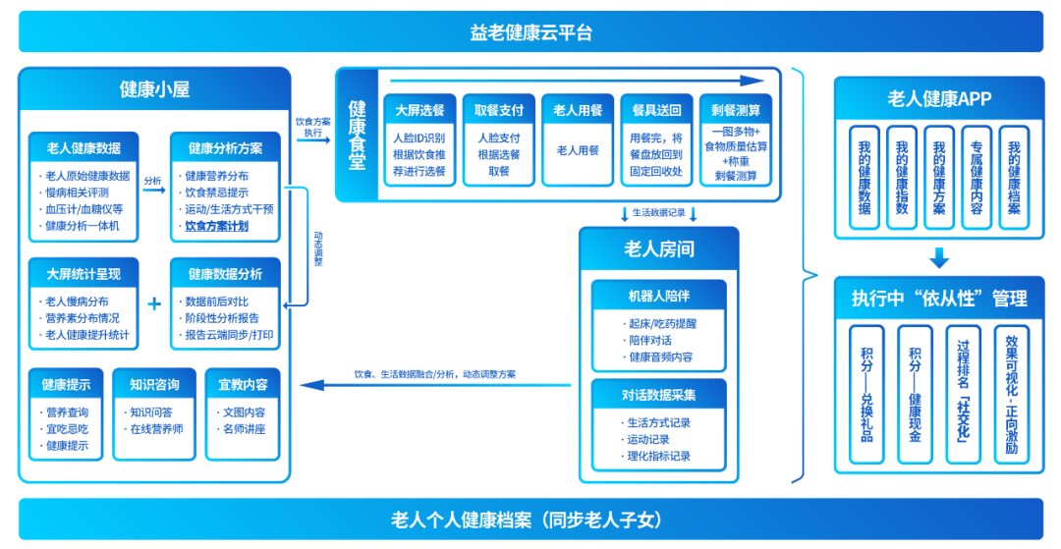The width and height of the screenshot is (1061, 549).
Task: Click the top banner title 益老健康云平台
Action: [530, 32]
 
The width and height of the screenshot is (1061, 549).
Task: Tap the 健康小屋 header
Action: [154, 89]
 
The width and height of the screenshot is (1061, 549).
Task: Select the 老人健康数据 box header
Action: [84, 148]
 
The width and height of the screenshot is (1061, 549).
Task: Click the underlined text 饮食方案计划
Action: [216, 226]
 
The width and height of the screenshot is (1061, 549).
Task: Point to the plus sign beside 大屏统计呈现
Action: [153, 303]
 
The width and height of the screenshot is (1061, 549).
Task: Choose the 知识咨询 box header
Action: [154, 384]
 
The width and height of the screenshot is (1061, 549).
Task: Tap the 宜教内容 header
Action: [243, 384]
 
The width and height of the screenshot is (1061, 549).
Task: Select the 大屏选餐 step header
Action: [419, 110]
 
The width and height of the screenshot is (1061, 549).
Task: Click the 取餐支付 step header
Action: [498, 110]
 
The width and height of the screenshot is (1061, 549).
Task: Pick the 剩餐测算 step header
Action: [736, 110]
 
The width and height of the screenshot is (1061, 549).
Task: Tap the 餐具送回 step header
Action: [656, 110]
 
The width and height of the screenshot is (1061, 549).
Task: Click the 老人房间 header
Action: [658, 248]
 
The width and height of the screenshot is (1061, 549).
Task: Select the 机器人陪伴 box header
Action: [658, 296]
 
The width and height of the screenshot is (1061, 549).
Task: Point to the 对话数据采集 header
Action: [658, 395]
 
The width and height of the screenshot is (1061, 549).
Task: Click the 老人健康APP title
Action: [939, 98]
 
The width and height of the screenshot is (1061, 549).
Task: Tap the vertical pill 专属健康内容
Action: [977, 177]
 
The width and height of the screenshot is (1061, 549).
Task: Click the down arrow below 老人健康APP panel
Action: [939, 258]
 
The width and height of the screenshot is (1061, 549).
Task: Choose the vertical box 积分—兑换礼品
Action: [866, 394]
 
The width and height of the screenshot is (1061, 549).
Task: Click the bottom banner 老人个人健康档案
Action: [530, 520]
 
